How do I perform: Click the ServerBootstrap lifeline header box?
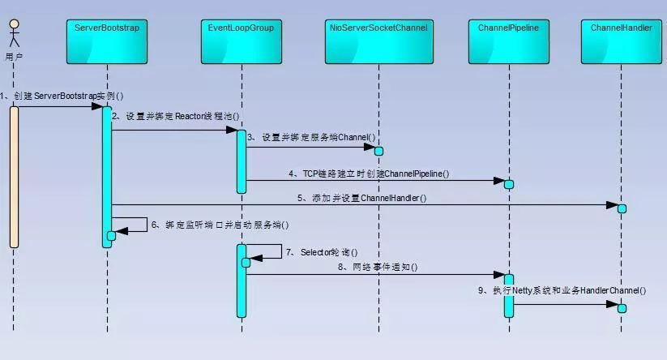[107, 40]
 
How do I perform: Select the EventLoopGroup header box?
[241, 40]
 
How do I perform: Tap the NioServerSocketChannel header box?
[378, 40]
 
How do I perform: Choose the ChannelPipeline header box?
[509, 40]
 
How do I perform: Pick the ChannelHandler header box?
[622, 40]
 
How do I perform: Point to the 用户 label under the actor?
[13, 57]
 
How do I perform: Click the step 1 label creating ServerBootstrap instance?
[63, 96]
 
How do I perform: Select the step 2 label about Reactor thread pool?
[176, 116]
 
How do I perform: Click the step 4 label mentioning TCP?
[369, 174]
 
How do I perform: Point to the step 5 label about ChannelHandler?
[361, 197]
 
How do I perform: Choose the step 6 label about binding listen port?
[220, 225]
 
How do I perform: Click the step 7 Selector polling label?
[323, 252]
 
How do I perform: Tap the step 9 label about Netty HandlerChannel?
[562, 289]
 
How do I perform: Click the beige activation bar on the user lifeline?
[14, 176]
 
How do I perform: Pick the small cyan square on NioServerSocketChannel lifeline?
[378, 151]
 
